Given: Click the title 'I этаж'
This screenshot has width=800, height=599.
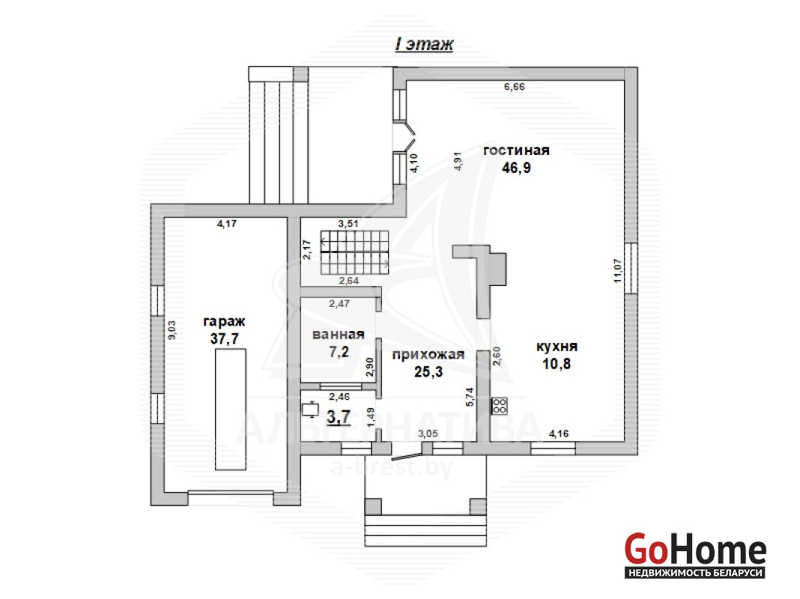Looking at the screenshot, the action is [x=424, y=44].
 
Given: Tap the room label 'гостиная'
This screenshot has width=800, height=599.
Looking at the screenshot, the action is [x=516, y=150].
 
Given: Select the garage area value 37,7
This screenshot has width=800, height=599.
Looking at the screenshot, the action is [x=225, y=338].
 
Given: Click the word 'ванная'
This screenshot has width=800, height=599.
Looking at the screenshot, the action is [x=339, y=335].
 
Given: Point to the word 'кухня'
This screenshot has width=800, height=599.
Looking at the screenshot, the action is [x=557, y=347].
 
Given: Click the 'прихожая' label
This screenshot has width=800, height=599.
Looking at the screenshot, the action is [x=428, y=355].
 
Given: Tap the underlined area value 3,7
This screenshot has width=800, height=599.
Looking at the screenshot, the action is [x=339, y=417].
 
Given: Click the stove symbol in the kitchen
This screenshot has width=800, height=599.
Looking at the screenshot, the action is [x=500, y=406].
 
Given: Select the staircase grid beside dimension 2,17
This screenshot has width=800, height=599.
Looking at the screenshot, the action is [x=354, y=252].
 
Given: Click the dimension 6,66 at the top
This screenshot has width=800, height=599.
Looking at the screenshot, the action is [x=515, y=87].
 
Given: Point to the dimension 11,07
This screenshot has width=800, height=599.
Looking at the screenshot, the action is [x=619, y=271].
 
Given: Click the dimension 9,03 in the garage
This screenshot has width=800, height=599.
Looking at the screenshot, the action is [x=172, y=330].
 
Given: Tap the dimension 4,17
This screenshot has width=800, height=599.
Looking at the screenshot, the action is [x=226, y=223].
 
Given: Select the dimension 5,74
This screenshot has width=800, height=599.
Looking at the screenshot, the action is [x=470, y=397].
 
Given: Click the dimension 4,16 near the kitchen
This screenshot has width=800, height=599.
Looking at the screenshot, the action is [x=559, y=434].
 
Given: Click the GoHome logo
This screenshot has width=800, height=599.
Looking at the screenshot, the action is [x=695, y=556].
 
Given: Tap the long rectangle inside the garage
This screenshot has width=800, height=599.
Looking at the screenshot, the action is [x=230, y=410].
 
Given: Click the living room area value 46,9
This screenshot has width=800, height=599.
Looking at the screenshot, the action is [x=516, y=168].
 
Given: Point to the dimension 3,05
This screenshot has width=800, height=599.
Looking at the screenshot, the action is [x=428, y=434].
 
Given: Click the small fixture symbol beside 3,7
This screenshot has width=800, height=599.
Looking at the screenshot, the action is [x=310, y=410].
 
